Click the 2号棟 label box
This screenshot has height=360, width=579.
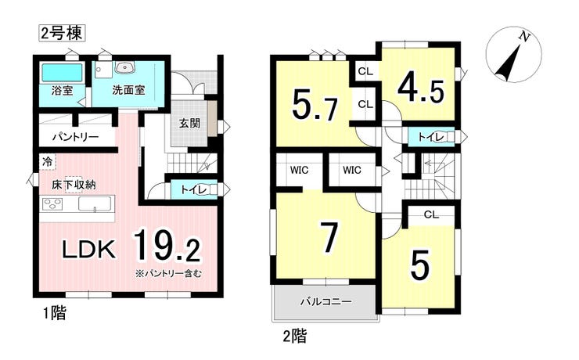pyautogui.click(x=62, y=33)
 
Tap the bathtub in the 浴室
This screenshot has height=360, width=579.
pyautogui.click(x=62, y=72)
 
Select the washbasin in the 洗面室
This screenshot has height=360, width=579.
pyautogui.click(x=125, y=67)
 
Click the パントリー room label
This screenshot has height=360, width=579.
pyautogui.click(x=75, y=138)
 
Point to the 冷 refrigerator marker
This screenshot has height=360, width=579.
pyautogui.click(x=47, y=161)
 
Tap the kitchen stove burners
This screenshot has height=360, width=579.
pyautogui.click(x=52, y=203)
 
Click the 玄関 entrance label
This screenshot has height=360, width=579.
pyautogui.click(x=189, y=123)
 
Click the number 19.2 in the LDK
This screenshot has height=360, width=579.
pyautogui.click(x=167, y=247)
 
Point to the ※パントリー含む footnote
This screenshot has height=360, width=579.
pyautogui.click(x=168, y=274)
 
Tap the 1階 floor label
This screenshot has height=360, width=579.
pyautogui.click(x=54, y=314)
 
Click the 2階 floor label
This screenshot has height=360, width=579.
pyautogui.click(x=295, y=337)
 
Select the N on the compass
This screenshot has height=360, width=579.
pyautogui.click(x=524, y=36)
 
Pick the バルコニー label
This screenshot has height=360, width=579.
pyautogui.click(x=325, y=301)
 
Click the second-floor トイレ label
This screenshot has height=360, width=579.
pyautogui.click(x=430, y=137)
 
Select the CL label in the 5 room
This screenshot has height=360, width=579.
pyautogui.click(x=431, y=214)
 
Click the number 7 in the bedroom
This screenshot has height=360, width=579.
pyautogui.click(x=329, y=237)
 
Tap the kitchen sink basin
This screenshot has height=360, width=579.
pyautogui.click(x=95, y=203)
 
